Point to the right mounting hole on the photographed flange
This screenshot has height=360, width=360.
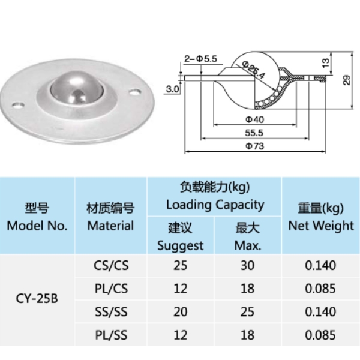click(x=135, y=92)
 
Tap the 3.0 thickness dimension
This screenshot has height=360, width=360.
click(x=173, y=89)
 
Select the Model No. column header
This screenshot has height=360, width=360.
click(x=37, y=217)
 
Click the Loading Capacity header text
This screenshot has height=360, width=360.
click(x=215, y=205)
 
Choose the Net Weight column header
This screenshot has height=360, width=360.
click(x=321, y=217)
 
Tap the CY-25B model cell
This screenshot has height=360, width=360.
click(x=37, y=298)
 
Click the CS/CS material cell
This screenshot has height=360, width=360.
click(x=111, y=265)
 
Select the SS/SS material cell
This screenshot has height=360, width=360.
click(x=111, y=311)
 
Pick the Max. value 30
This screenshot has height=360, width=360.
click(x=247, y=265)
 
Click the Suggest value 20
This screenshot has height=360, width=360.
click(x=180, y=311)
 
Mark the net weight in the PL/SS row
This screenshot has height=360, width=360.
click(x=320, y=334)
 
